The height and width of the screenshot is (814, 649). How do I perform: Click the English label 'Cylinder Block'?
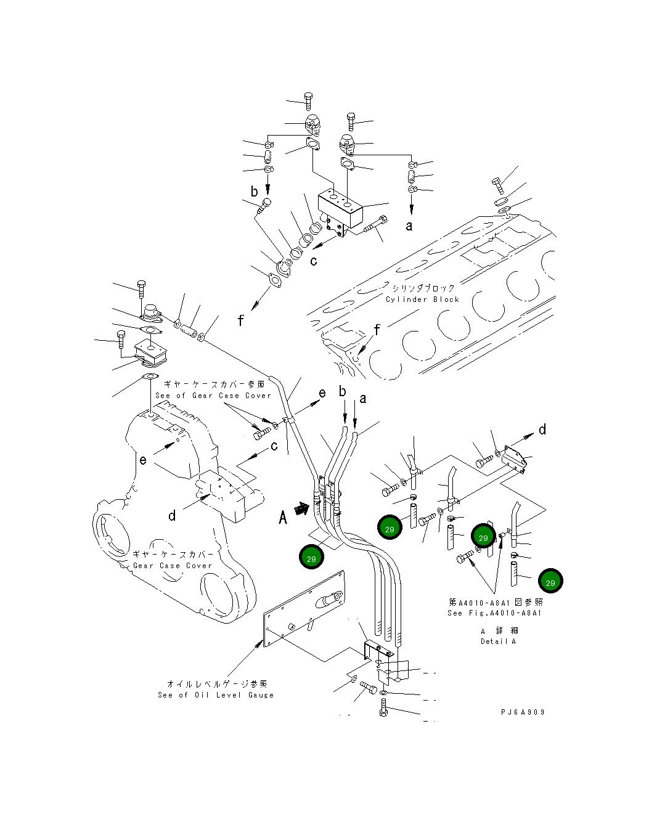422,299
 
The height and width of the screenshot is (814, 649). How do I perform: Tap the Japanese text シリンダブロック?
423,288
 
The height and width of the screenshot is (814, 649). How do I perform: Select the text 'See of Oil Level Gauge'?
215,695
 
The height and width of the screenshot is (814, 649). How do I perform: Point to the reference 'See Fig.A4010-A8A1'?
495,613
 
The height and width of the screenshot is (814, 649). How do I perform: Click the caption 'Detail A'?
498,641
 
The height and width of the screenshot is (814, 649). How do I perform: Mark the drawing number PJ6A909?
522,712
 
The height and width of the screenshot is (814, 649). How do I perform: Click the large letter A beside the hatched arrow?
283,516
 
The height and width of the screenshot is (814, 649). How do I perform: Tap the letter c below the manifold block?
314,261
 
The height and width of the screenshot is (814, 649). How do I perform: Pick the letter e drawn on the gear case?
143,459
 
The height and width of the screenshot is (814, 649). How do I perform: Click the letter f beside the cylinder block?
377,330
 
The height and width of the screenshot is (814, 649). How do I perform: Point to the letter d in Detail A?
542,429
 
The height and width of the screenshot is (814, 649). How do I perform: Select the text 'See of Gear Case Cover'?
213,396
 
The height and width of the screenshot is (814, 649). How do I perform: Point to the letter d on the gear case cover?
173,515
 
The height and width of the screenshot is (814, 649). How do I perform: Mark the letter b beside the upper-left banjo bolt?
254,192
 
